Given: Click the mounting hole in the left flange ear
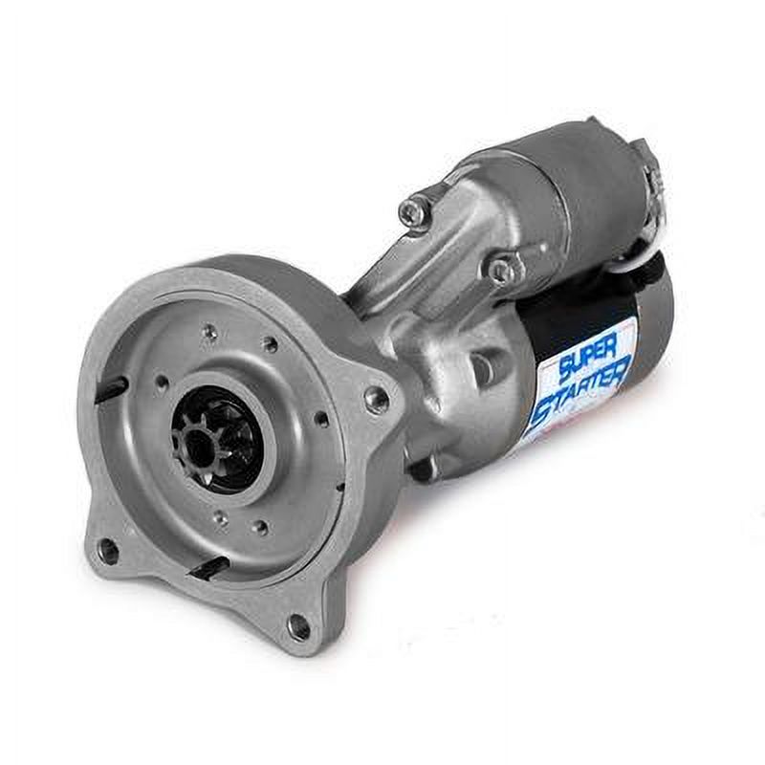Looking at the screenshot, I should click(x=108, y=550).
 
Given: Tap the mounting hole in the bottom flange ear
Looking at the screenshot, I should click(x=298, y=626).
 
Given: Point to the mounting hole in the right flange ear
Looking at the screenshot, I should click(x=378, y=401).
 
